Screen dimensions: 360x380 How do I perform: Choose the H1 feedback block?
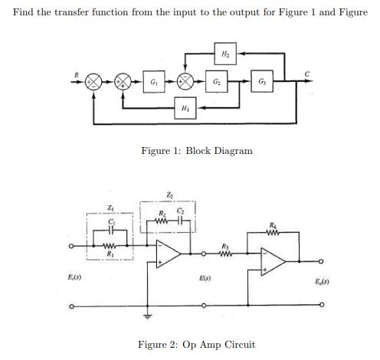(185, 109)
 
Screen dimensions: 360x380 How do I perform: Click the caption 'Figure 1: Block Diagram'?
(197, 151)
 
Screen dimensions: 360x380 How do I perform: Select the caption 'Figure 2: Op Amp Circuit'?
(196, 344)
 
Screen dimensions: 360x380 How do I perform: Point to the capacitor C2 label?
(182, 210)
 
